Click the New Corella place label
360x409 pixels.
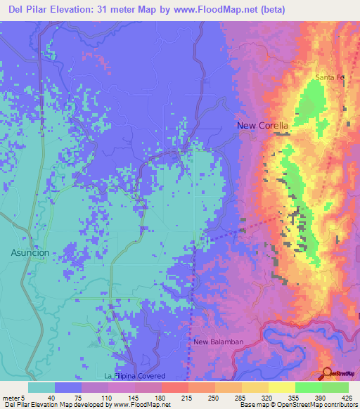[262, 126]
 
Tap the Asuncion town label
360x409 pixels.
[30, 252]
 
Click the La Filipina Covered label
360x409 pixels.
[138, 376]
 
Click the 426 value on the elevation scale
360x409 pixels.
[347, 397]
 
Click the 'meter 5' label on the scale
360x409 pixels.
[13, 397]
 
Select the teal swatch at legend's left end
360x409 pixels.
[41, 387]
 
